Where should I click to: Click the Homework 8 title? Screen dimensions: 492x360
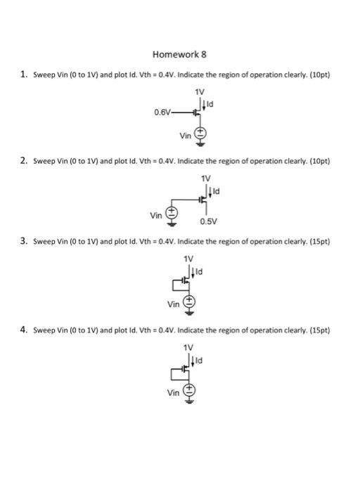pyautogui.click(x=179, y=54)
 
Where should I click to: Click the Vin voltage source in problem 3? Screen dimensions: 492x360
pyautogui.click(x=189, y=304)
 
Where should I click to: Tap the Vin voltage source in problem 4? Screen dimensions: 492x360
pyautogui.click(x=188, y=392)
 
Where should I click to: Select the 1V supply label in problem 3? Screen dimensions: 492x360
pyautogui.click(x=188, y=259)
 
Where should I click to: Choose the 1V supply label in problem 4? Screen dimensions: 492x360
pyautogui.click(x=188, y=347)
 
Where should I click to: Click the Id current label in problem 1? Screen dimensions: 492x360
pyautogui.click(x=209, y=105)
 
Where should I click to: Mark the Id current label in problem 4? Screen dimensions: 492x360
pyautogui.click(x=200, y=360)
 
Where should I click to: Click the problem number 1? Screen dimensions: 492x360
pyautogui.click(x=24, y=74)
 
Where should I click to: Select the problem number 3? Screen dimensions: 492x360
pyautogui.click(x=24, y=241)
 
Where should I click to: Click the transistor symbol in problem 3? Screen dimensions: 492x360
pyautogui.click(x=184, y=280)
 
